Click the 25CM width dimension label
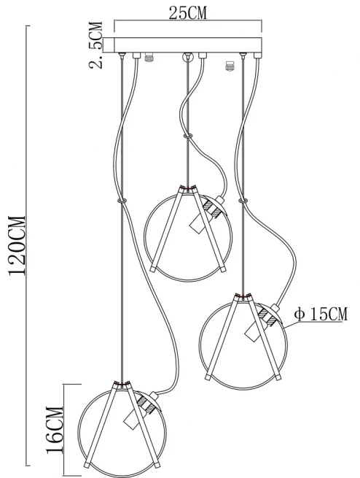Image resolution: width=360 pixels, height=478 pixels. coord(188,13)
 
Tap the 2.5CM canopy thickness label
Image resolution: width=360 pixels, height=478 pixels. coord(96,45)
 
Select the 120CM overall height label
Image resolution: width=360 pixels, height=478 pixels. coord(17,246)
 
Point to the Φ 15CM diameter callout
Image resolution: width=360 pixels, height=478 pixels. coord(321,314)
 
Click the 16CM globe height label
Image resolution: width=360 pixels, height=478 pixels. coord(55,430)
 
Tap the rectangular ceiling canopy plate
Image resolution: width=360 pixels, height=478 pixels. coord(188,45)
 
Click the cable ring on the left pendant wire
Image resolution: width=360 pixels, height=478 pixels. coord(122,201)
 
